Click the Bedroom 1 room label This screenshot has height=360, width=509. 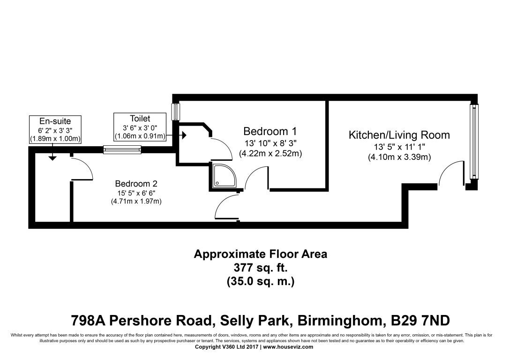coord(270,131)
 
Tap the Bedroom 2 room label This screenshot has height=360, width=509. coord(136,184)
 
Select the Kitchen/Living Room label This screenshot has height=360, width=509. coord(399,135)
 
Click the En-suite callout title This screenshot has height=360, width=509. coord(55,121)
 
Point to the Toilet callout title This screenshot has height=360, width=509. coord(140,119)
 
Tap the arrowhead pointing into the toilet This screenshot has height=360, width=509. coord(184,135)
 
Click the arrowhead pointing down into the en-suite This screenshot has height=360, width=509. coord(52,158)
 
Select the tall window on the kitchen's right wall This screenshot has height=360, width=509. coord(474,141)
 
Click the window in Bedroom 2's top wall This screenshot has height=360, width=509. coord(122,150)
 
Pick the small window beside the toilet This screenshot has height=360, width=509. coord(176,112)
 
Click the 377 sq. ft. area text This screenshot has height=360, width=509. coord(261,268)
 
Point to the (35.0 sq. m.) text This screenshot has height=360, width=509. coord(261,281)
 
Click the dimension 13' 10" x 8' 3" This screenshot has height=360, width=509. coord(270,143)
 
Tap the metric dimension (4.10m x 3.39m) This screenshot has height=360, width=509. coord(399,157)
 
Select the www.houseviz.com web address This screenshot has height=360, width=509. coord(288,347)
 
